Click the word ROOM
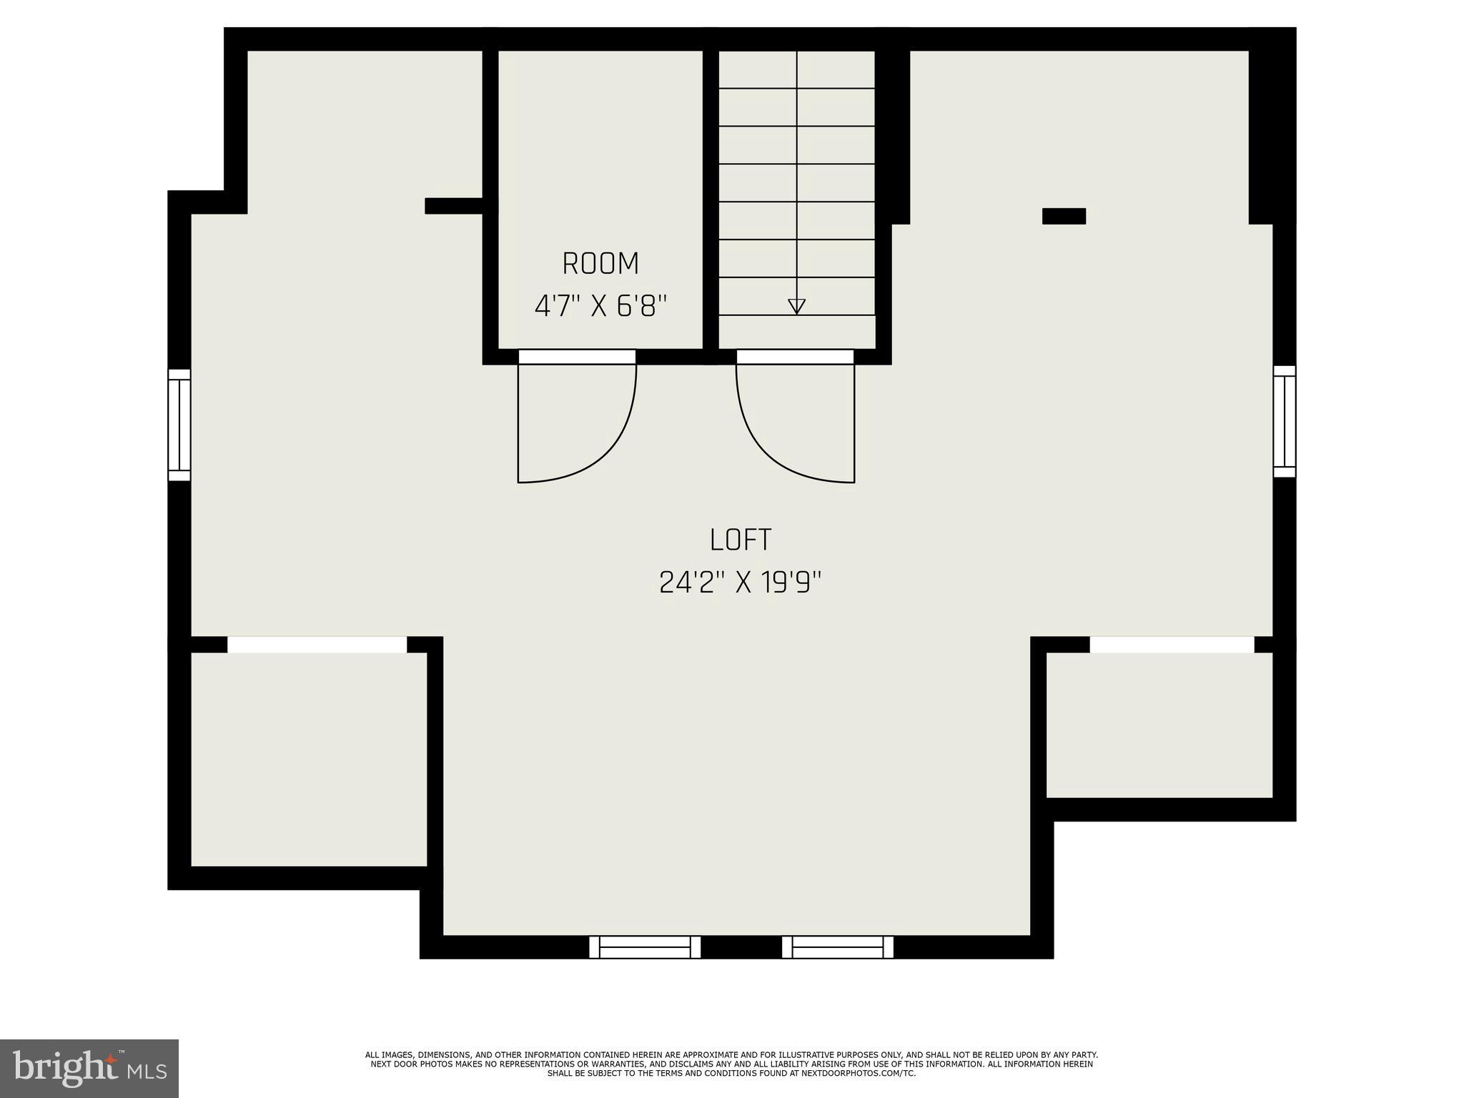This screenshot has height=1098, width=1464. [x=600, y=264]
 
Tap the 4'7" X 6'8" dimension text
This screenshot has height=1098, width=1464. [x=600, y=307]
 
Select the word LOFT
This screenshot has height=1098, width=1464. [x=741, y=540]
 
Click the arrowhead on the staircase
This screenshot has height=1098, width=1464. [x=796, y=306]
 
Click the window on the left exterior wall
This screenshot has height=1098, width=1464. [x=179, y=425]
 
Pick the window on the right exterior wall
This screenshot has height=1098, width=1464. [x=1285, y=421]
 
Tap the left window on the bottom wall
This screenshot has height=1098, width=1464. [x=645, y=947]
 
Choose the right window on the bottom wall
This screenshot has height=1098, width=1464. [x=838, y=947]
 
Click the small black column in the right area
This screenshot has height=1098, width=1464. [x=1064, y=216]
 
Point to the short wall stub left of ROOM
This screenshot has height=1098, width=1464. [x=454, y=206]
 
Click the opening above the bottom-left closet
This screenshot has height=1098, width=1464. [x=317, y=645]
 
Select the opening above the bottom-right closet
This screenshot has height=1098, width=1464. [x=1172, y=645]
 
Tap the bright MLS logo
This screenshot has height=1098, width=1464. [x=89, y=1068]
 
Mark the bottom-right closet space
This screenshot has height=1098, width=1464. [x=1159, y=725]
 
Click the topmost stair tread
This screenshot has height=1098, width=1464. [x=796, y=69]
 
